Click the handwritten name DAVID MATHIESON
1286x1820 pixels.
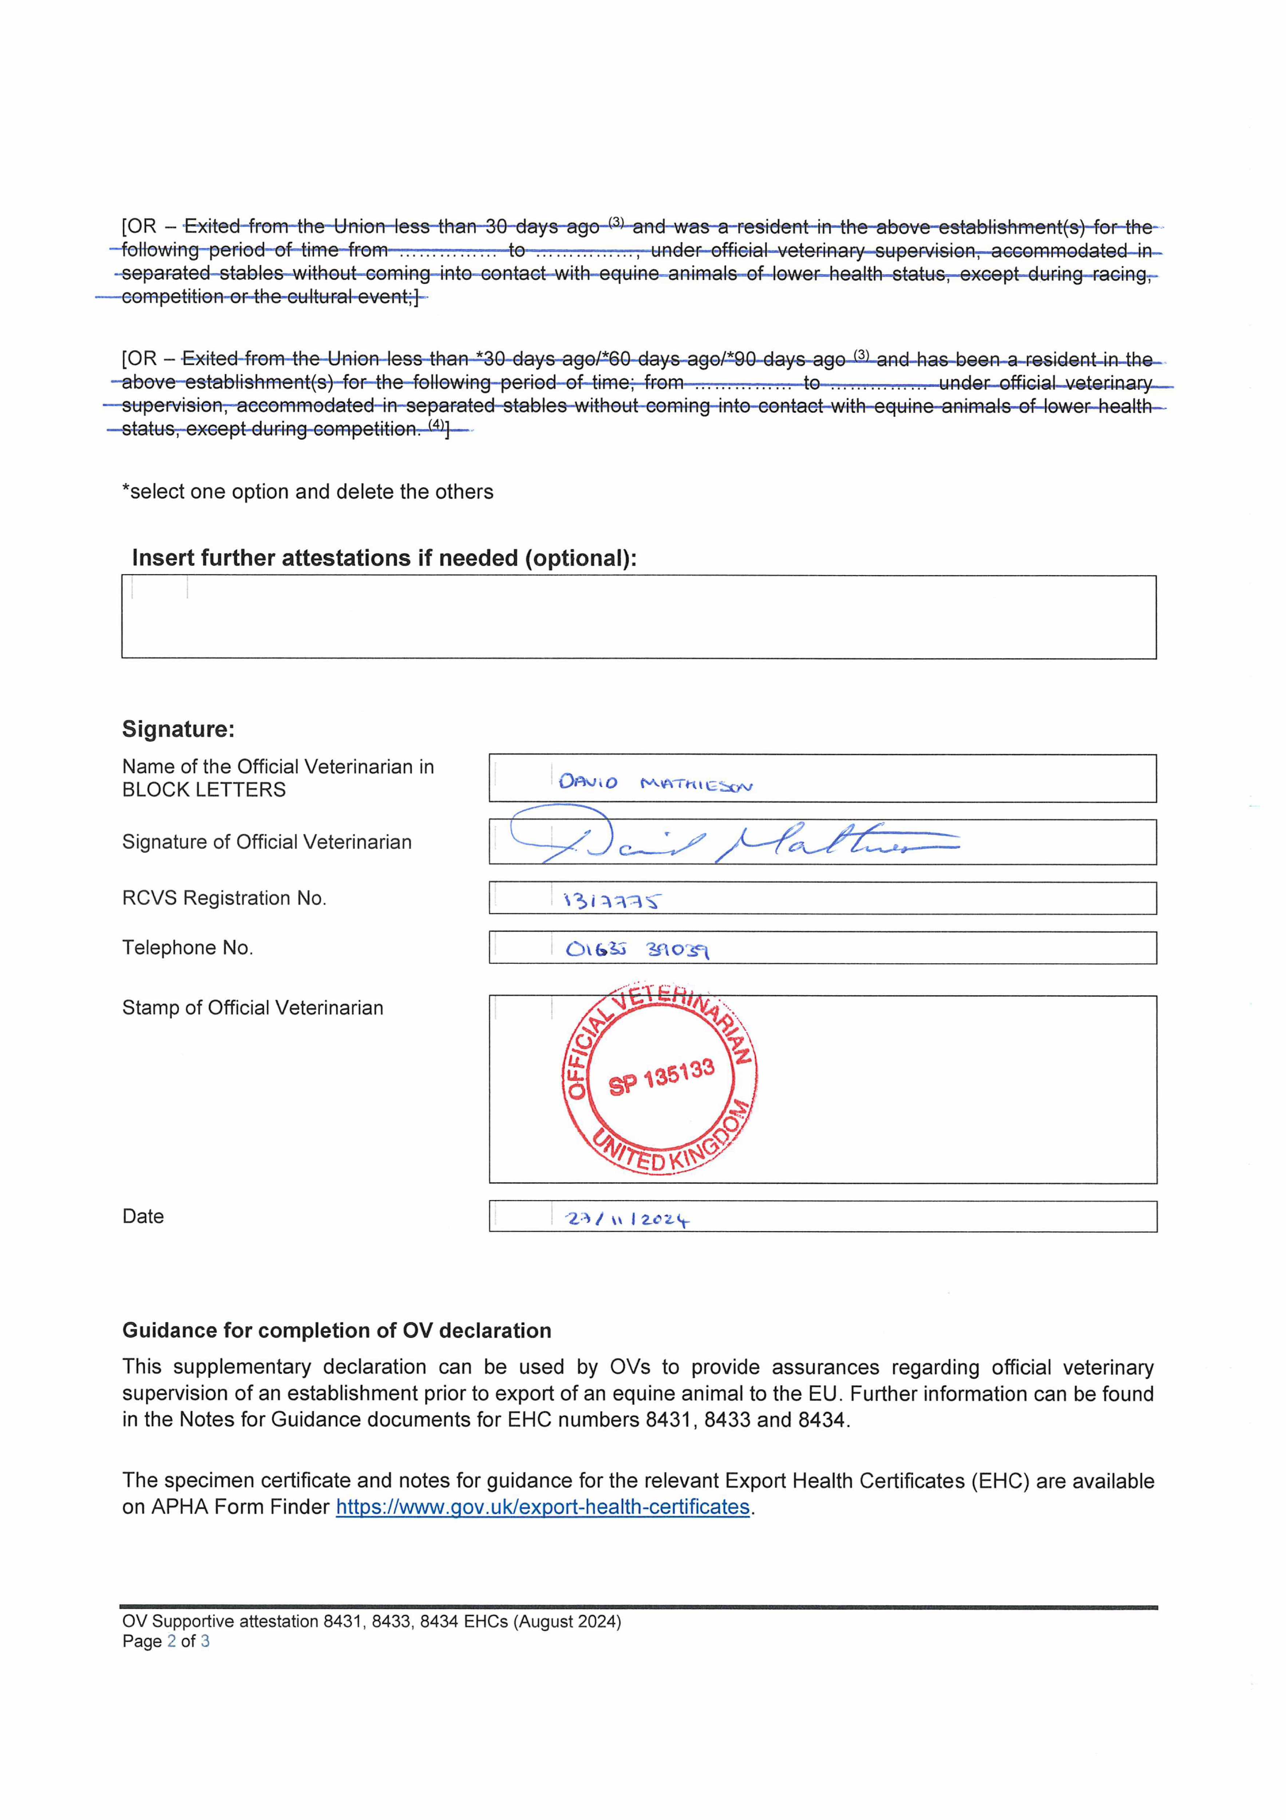pyautogui.click(x=655, y=783)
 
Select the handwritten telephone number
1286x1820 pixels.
pyautogui.click(x=637, y=949)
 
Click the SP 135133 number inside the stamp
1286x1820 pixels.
pyautogui.click(x=661, y=1077)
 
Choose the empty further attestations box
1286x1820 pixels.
pyautogui.click(x=638, y=617)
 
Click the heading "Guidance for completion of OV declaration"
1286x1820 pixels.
pyautogui.click(x=336, y=1330)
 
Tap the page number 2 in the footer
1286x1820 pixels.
pyautogui.click(x=171, y=1641)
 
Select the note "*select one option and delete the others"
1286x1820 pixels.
pyautogui.click(x=308, y=491)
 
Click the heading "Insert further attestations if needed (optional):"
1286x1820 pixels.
pyautogui.click(x=384, y=558)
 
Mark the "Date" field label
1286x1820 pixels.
pyautogui.click(x=143, y=1216)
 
